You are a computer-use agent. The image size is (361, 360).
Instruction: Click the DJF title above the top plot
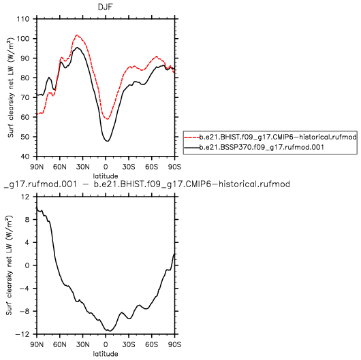coord(106,7)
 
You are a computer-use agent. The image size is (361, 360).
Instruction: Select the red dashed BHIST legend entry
coord(270,137)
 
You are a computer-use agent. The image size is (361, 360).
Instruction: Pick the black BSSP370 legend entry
coord(254,147)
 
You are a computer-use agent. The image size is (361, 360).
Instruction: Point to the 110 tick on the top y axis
coord(23,19)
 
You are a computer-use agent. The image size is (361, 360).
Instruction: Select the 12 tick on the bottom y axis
coord(27,197)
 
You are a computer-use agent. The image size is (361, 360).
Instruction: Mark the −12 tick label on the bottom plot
coord(22,334)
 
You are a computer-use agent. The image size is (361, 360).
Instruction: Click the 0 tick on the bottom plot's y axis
coord(28,265)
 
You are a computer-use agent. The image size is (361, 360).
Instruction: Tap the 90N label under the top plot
coord(37,167)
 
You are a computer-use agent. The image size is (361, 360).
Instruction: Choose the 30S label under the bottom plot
coord(129,344)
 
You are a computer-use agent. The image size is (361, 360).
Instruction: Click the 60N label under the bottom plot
coord(60,344)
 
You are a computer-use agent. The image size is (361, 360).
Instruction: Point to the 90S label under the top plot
coord(174,167)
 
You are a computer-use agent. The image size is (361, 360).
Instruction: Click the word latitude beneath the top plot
coord(106,176)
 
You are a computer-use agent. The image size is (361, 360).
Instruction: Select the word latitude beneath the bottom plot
coord(106,354)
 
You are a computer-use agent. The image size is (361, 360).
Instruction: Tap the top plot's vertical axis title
coord(11,87)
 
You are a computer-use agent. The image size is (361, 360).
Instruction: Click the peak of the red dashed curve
coord(77,35)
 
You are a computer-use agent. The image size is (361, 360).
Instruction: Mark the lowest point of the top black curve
coord(108,141)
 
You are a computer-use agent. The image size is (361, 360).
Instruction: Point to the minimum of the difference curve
coord(110,331)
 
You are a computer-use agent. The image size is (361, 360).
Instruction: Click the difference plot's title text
coord(146,184)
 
